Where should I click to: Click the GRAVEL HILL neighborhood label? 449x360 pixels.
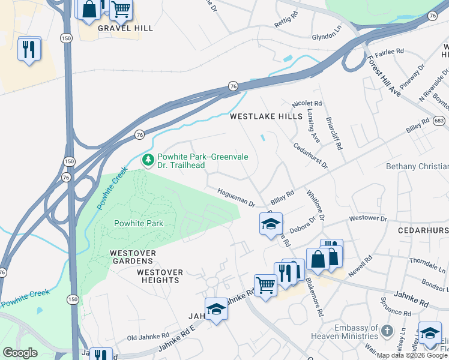click(125, 28)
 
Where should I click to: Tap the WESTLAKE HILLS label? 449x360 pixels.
click(266, 117)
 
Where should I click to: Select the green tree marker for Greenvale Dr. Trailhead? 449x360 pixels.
click(148, 160)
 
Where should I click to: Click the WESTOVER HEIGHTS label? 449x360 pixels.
click(160, 277)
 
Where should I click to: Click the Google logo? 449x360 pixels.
click(20, 353)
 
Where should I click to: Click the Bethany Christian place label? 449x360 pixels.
click(417, 166)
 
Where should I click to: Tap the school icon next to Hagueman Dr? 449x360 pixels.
click(271, 224)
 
